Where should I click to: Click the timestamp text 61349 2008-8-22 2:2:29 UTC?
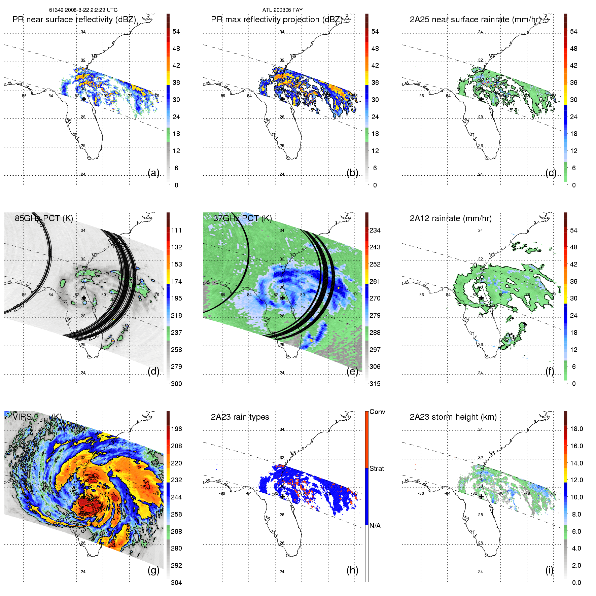pyautogui.click(x=83, y=10)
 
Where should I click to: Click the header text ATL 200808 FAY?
pyautogui.click(x=282, y=10)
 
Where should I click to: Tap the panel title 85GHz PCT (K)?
pyautogui.click(x=44, y=218)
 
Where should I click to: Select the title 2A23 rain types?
pyautogui.click(x=240, y=417)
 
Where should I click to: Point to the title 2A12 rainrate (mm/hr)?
pyautogui.click(x=451, y=218)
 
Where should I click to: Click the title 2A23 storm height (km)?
pyautogui.click(x=453, y=417)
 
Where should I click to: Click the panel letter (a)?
pyautogui.click(x=153, y=173)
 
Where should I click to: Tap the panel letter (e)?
pyautogui.click(x=352, y=371)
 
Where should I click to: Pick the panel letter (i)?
pyautogui.click(x=550, y=570)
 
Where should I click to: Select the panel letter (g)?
pyautogui.click(x=153, y=570)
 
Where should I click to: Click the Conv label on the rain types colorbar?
pyautogui.click(x=377, y=412)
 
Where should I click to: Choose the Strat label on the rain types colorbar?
pyautogui.click(x=377, y=468)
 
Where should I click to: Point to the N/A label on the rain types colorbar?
pyautogui.click(x=375, y=526)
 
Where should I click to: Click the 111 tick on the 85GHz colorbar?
pyautogui.click(x=176, y=230)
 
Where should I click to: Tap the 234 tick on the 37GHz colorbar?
pyautogui.click(x=375, y=230)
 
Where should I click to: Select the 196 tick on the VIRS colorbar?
pyautogui.click(x=176, y=429)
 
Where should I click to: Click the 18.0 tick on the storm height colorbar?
pyautogui.click(x=576, y=429)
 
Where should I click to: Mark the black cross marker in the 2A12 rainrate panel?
pyautogui.click(x=481, y=298)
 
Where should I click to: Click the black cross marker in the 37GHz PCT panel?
pyautogui.click(x=282, y=298)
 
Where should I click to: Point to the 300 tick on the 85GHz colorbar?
pyautogui.click(x=176, y=384)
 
